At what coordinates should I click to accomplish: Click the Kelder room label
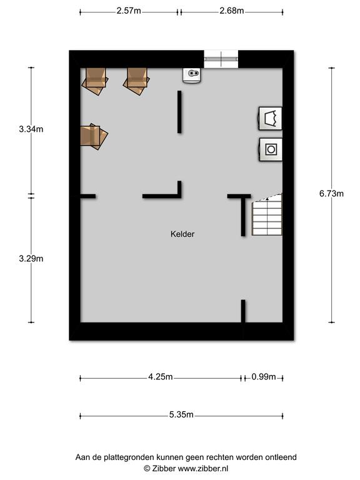[x=182, y=234]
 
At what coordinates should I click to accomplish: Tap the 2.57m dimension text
[x=129, y=11]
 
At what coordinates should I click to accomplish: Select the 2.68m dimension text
[x=232, y=11]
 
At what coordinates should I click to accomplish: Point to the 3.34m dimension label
[x=31, y=129]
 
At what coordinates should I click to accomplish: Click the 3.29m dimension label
[x=31, y=259]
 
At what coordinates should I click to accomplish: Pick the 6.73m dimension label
[x=331, y=194]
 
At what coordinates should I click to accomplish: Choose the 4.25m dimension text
[x=161, y=377]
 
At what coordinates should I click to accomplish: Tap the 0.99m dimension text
[x=264, y=377]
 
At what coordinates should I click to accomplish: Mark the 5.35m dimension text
[x=181, y=415]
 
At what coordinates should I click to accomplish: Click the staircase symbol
[x=267, y=215]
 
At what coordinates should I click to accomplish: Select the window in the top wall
[x=221, y=59]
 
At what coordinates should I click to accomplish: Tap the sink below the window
[x=192, y=75]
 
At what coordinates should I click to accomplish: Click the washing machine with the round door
[x=271, y=149]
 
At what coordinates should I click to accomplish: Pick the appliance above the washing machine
[x=270, y=118]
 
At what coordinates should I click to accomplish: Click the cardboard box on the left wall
[x=93, y=136]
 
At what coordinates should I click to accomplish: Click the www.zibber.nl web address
[x=203, y=469]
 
